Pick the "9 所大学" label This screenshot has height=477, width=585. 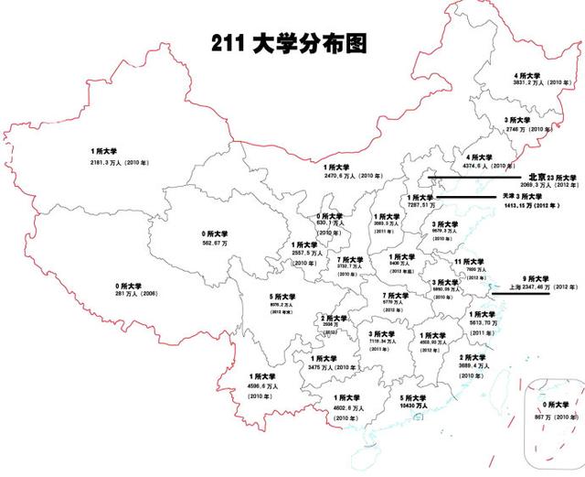(x=535, y=278)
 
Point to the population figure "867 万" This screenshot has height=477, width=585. (x=552, y=416)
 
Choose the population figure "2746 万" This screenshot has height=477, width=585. (x=517, y=130)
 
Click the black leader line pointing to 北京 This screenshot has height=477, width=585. (x=477, y=177)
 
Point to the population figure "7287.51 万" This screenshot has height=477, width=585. (x=422, y=206)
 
